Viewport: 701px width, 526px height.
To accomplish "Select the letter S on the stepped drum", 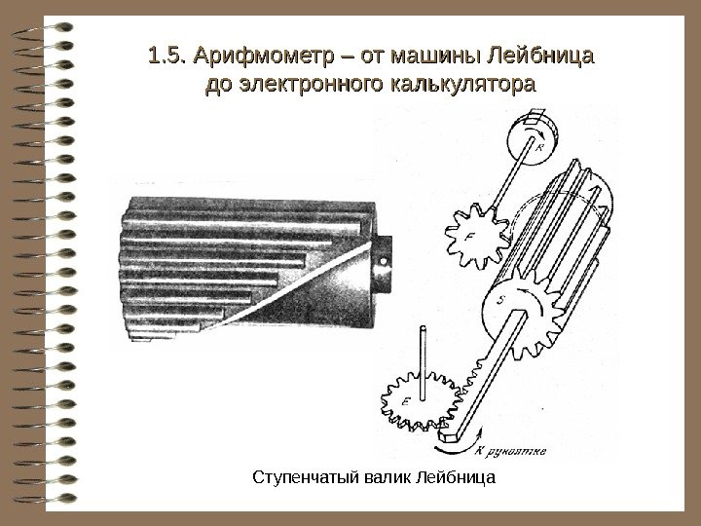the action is pos(499,301).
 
